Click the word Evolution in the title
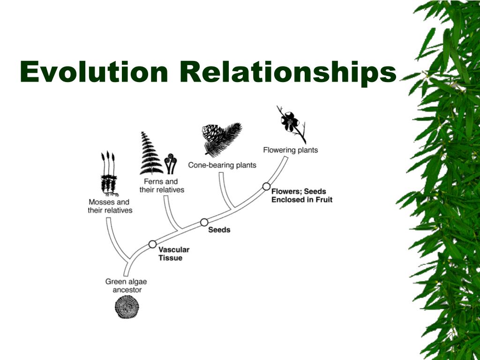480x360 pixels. [x=94, y=72]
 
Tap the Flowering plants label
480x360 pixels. [x=290, y=150]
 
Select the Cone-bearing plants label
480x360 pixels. [x=222, y=165]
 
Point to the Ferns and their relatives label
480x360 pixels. [x=162, y=186]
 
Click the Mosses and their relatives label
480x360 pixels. [x=110, y=206]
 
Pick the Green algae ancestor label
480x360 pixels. [x=126, y=286]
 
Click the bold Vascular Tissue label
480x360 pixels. [x=173, y=254]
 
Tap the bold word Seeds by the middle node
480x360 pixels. [x=219, y=230]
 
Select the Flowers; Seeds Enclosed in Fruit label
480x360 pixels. [x=302, y=195]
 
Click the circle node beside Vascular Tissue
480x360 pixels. [x=152, y=244]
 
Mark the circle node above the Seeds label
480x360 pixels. [x=204, y=222]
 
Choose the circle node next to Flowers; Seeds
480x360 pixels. [x=266, y=186]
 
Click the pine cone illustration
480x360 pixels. [x=214, y=134]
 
